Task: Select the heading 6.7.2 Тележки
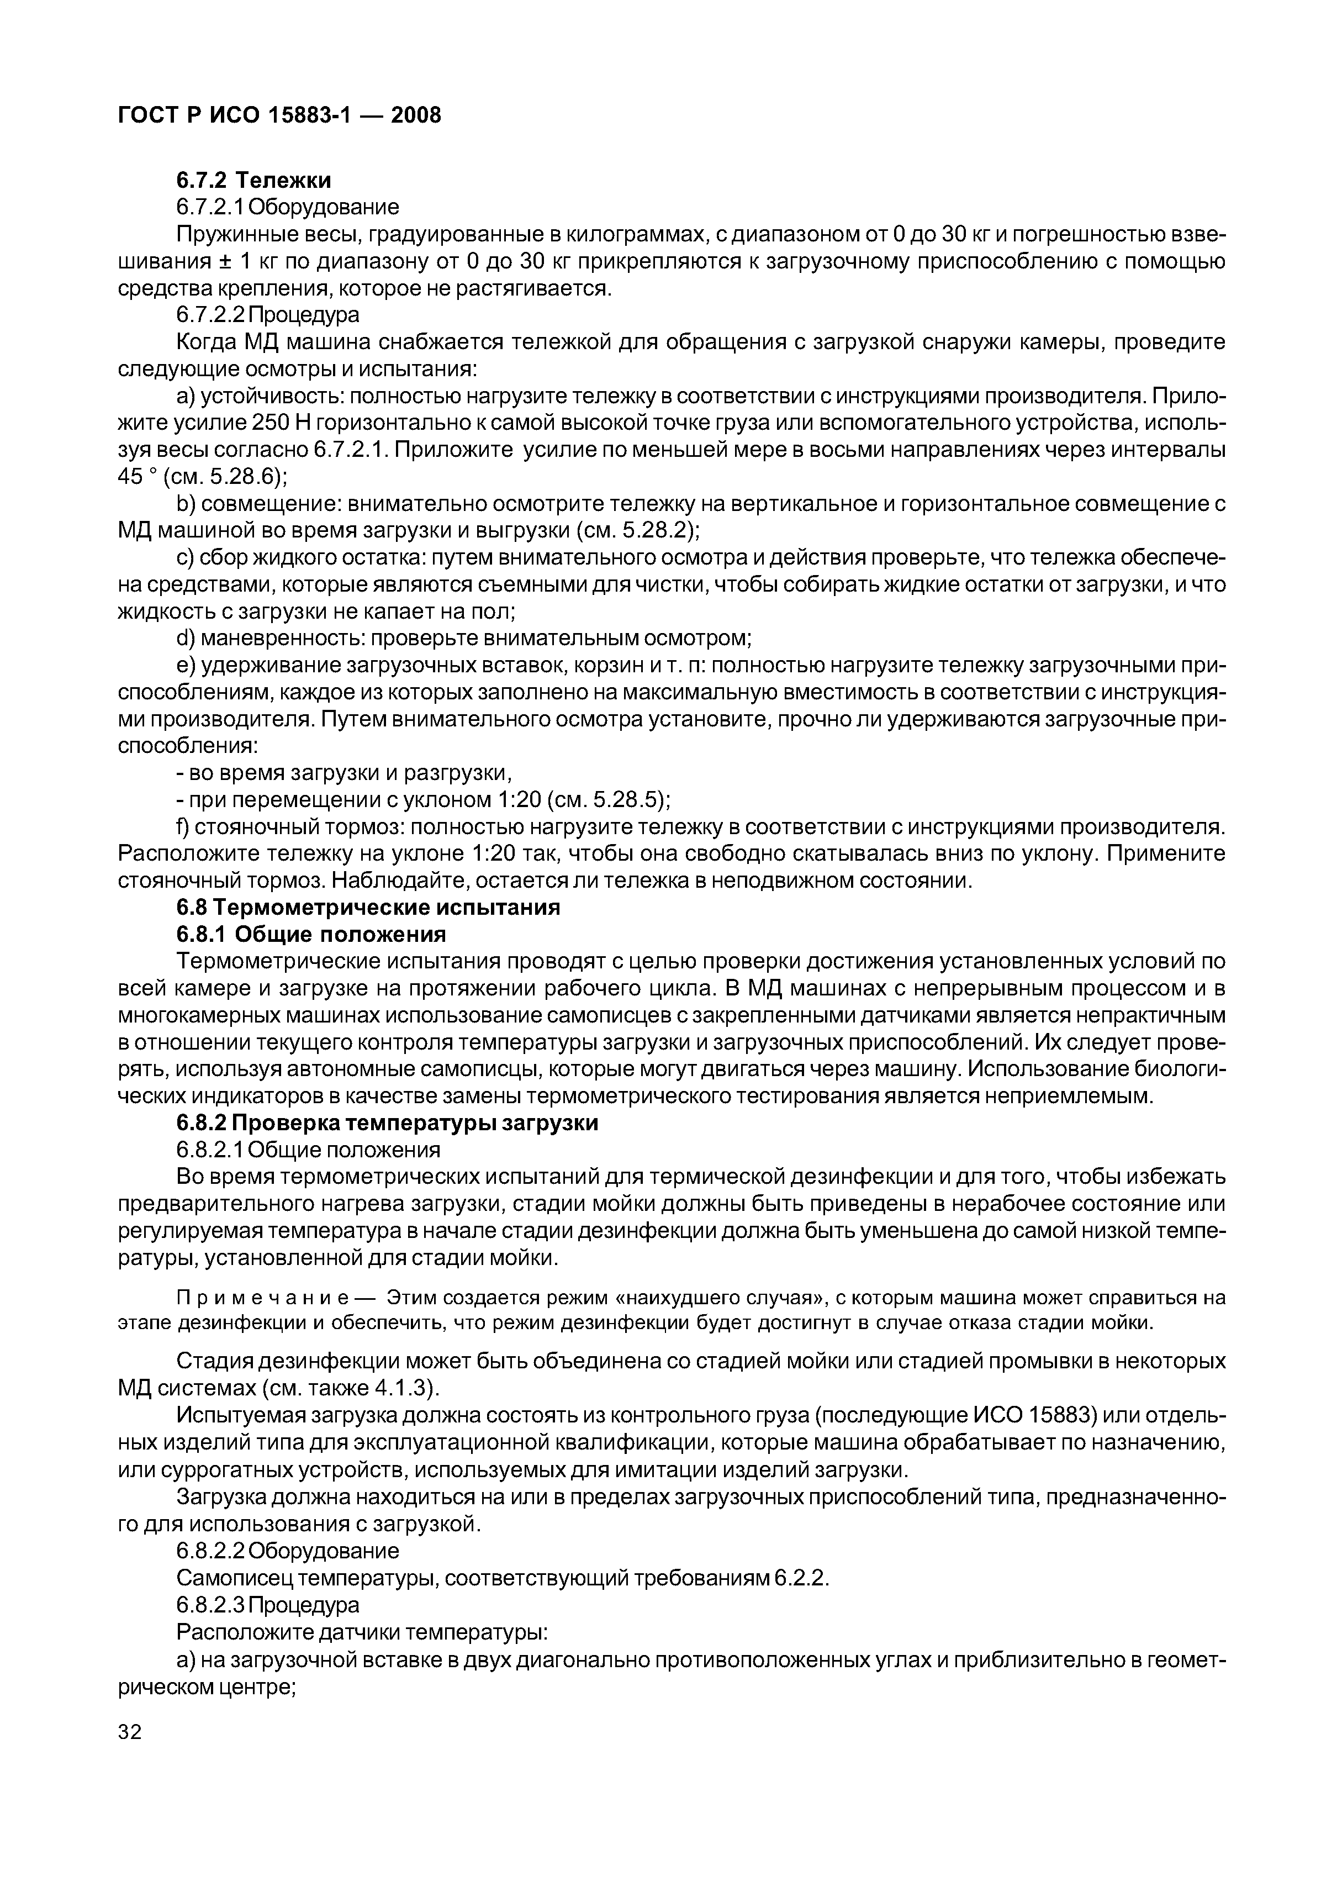click(x=253, y=180)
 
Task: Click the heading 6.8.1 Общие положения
click(x=311, y=935)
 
